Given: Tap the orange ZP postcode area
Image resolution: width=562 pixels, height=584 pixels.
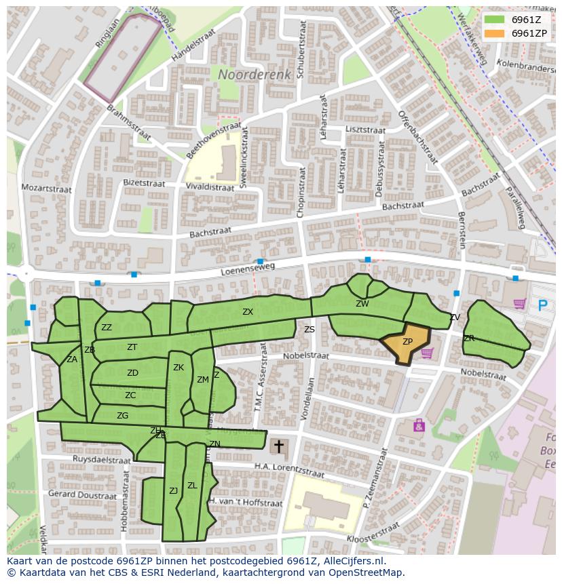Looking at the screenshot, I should [x=407, y=343].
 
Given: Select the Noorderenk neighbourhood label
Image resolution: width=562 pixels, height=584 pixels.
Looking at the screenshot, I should [x=255, y=74].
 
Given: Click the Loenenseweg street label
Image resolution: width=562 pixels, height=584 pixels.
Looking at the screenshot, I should [x=248, y=269].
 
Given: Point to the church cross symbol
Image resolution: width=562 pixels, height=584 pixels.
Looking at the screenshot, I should [x=278, y=446].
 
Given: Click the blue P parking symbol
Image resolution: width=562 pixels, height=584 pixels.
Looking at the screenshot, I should [x=542, y=305].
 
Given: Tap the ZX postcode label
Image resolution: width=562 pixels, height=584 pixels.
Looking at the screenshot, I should [x=248, y=312].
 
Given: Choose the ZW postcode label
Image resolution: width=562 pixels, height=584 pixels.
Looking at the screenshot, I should [x=362, y=304].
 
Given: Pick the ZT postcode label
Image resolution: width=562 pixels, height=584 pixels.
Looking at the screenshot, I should [x=132, y=347].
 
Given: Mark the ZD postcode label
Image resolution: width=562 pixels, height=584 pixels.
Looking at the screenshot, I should [x=132, y=373].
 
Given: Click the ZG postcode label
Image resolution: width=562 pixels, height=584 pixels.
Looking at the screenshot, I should [x=122, y=416].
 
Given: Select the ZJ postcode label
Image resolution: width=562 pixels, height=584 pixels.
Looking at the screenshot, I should [x=173, y=490].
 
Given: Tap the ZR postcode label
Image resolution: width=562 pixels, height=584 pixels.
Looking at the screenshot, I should [x=469, y=338].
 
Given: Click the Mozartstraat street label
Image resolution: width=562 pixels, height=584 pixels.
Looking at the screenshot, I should [x=46, y=187].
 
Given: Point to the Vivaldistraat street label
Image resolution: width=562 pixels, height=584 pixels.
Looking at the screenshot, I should [x=209, y=187].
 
